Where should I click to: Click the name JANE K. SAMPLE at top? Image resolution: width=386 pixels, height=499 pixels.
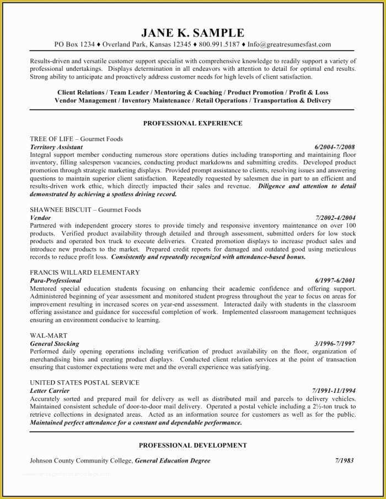pos(192,32)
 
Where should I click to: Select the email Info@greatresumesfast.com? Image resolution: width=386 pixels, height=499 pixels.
pos(289,44)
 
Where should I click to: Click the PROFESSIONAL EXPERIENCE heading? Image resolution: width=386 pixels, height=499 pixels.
pos(192,123)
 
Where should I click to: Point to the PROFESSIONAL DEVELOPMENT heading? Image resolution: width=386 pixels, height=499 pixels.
pos(192,445)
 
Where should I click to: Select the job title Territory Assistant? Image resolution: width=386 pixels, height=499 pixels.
pos(56,147)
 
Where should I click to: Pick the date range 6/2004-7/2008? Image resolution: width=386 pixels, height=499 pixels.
pos(335,147)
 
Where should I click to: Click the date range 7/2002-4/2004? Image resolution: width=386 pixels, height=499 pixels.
pos(335,218)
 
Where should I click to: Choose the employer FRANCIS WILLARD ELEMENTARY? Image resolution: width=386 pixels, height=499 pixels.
pos(84,272)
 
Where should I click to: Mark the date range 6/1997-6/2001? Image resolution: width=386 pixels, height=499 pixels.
pos(335,281)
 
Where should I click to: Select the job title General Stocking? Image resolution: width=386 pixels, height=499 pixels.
pos(55,343)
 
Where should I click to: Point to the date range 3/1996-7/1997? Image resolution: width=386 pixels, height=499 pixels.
pos(335,343)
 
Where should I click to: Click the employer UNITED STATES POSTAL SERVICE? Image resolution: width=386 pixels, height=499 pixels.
pos(84,382)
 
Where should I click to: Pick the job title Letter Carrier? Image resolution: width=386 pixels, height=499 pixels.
pos(50,391)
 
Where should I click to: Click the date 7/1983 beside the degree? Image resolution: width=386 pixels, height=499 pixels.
pos(344,460)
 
